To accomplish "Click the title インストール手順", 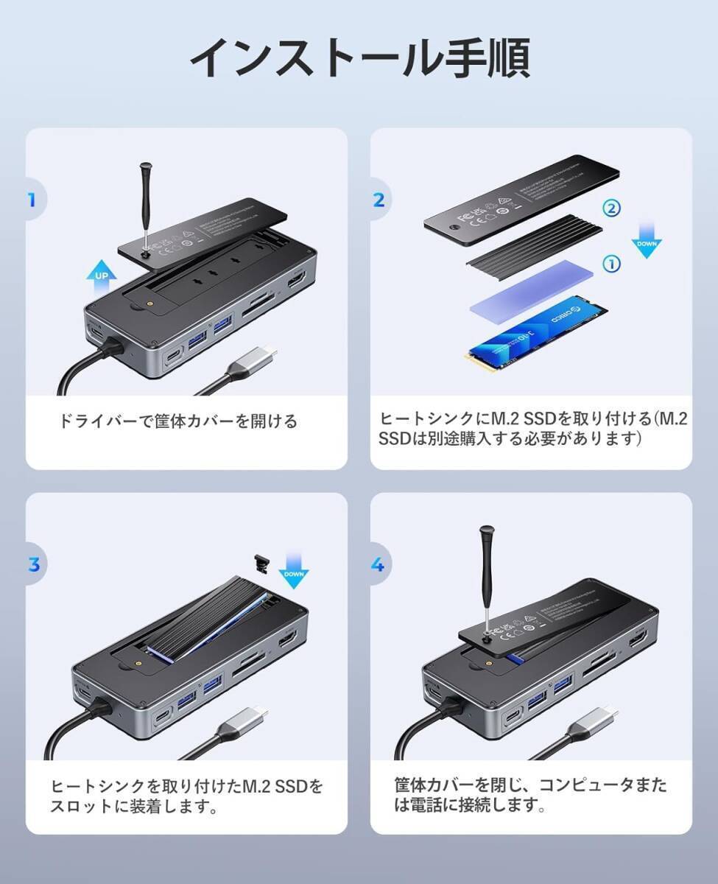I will pyautogui.click(x=359, y=59).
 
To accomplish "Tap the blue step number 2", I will pyautogui.click(x=379, y=200).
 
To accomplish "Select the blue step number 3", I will pyautogui.click(x=33, y=565).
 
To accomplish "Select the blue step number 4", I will pyautogui.click(x=378, y=565).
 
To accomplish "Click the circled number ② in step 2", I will pyautogui.click(x=612, y=208).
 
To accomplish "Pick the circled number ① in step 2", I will pyautogui.click(x=612, y=263).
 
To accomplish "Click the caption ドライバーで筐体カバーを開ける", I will pyautogui.click(x=179, y=421).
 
